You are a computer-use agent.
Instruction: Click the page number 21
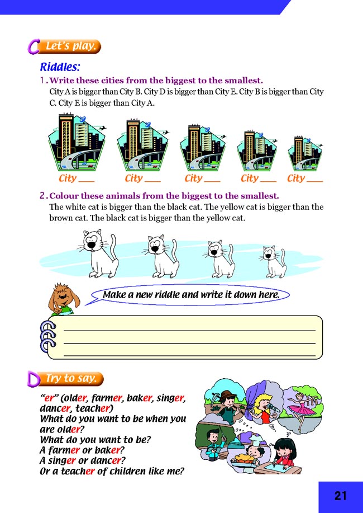click(x=341, y=496)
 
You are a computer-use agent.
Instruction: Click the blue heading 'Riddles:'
click(x=60, y=67)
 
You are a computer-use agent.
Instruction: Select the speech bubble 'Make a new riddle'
click(x=190, y=295)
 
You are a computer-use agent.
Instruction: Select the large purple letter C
click(x=33, y=46)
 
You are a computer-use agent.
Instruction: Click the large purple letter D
click(x=34, y=379)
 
